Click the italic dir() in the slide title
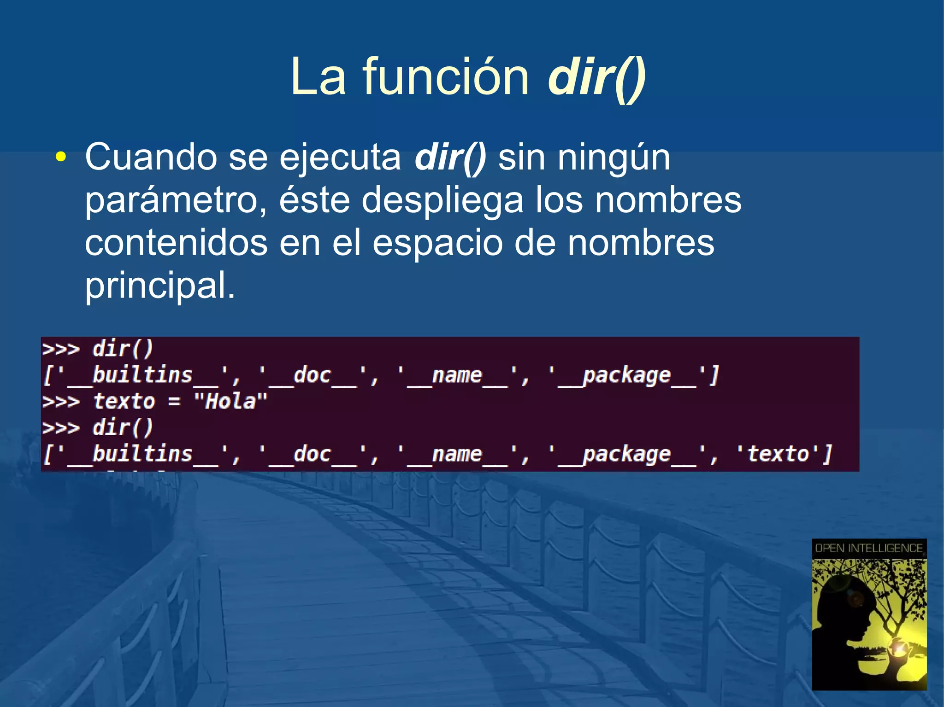point(596,77)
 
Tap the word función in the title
point(446,76)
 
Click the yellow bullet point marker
point(60,158)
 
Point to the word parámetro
point(176,201)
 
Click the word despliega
point(442,201)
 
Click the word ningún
point(614,158)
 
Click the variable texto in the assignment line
point(124,401)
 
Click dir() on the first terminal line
point(122,349)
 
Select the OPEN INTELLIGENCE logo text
point(869,548)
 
